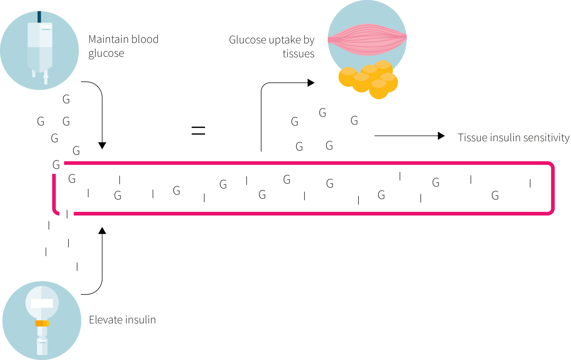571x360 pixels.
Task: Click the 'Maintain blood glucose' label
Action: pyautogui.click(x=123, y=46)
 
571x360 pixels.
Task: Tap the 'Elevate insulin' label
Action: pyautogui.click(x=122, y=320)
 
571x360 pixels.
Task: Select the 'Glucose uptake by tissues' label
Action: pyautogui.click(x=272, y=46)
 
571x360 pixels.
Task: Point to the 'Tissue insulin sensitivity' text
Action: pyautogui.click(x=513, y=138)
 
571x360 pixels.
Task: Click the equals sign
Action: pyautogui.click(x=198, y=131)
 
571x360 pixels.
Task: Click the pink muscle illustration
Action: pyautogui.click(x=367, y=39)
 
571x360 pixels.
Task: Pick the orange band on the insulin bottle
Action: pyautogui.click(x=42, y=323)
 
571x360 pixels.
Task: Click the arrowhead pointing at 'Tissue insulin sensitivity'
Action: pyautogui.click(x=441, y=136)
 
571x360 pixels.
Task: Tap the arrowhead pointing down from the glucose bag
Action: pyautogui.click(x=102, y=146)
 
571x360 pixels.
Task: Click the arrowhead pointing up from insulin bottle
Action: pyautogui.click(x=102, y=231)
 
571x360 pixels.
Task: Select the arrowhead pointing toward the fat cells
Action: pyautogui.click(x=311, y=83)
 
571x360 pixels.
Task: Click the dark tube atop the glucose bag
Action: pyautogui.click(x=39, y=17)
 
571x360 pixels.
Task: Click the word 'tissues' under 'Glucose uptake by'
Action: pyautogui.click(x=298, y=54)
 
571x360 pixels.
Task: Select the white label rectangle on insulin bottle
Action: pyautogui.click(x=42, y=303)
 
